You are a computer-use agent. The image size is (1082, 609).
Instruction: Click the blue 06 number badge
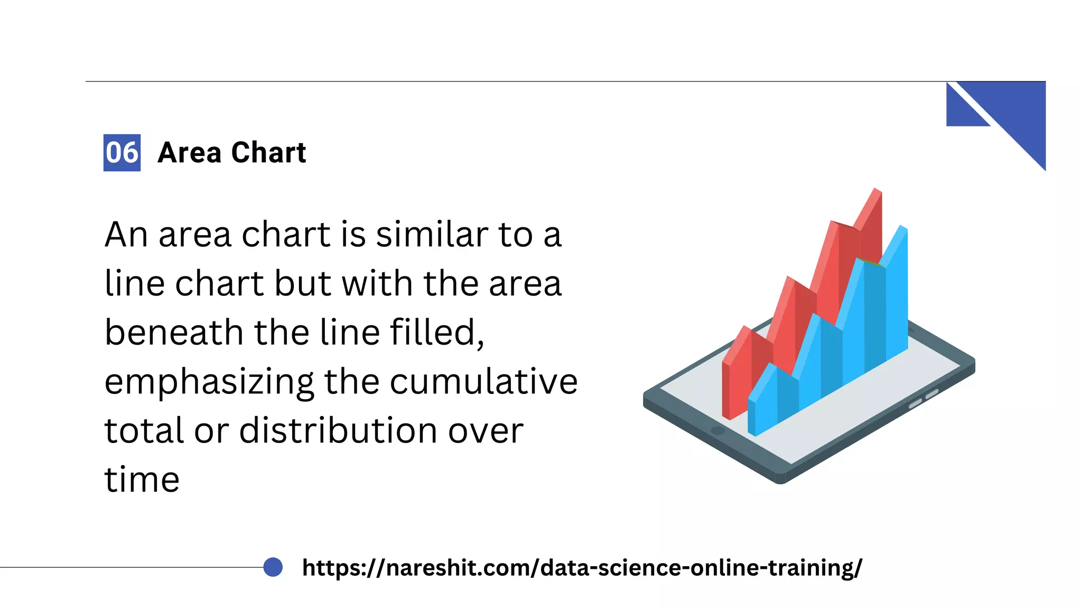pyautogui.click(x=122, y=153)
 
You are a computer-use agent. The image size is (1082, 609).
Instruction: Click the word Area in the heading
pyautogui.click(x=189, y=153)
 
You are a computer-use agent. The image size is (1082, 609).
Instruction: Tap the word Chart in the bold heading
pyautogui.click(x=268, y=153)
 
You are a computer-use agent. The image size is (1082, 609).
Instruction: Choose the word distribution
pyautogui.click(x=339, y=430)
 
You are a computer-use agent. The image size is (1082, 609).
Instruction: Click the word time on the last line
pyautogui.click(x=142, y=479)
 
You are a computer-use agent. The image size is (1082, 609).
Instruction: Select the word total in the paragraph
pyautogui.click(x=144, y=430)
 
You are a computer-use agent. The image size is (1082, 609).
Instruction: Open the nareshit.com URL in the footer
pyautogui.click(x=582, y=568)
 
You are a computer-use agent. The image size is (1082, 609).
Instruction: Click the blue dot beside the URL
pyautogui.click(x=273, y=567)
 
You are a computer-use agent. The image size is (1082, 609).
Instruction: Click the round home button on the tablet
pyautogui.click(x=717, y=430)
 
